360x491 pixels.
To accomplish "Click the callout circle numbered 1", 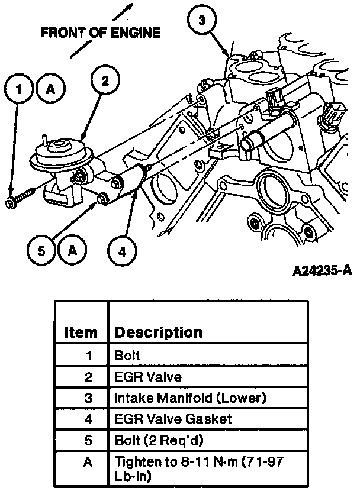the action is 20,91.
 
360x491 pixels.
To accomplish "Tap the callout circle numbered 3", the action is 202,21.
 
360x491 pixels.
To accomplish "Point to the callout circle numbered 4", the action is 121,251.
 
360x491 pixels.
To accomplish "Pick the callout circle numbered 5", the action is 41,251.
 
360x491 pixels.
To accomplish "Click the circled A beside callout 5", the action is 73,250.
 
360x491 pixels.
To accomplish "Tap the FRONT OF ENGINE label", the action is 100,33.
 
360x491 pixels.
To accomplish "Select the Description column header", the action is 158,332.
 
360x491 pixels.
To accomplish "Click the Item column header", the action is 81,332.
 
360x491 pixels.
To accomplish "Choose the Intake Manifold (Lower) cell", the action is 190,398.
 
